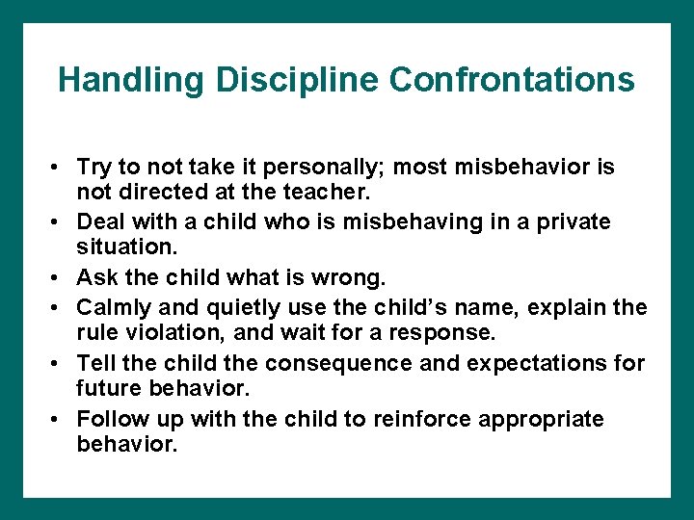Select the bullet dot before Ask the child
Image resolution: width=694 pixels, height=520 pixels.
[x=58, y=279]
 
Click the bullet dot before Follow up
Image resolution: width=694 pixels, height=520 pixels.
[x=58, y=420]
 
